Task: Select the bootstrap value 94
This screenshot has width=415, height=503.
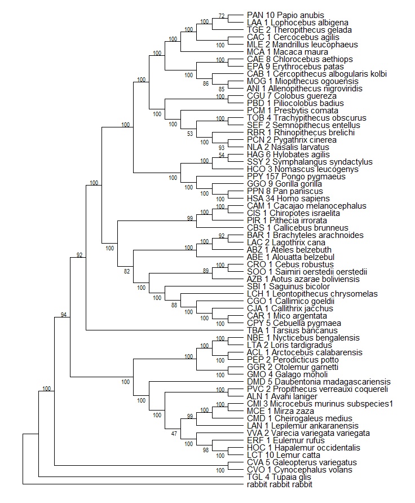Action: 64,314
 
